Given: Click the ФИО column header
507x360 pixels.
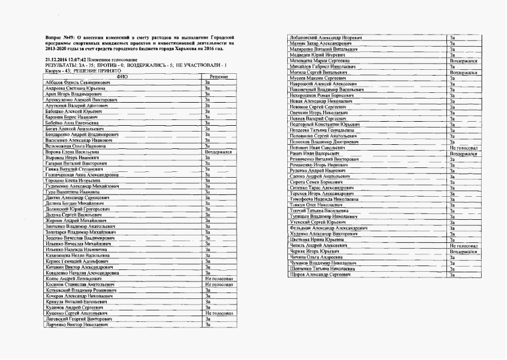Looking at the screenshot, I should click(122, 77).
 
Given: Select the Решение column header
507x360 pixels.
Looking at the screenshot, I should click(219, 77).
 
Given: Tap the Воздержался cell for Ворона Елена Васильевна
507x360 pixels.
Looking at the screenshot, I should click(218, 152).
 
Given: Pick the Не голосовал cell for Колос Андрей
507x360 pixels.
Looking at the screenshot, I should click(219, 279).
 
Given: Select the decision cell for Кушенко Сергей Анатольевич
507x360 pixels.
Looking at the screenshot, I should click(219, 313).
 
